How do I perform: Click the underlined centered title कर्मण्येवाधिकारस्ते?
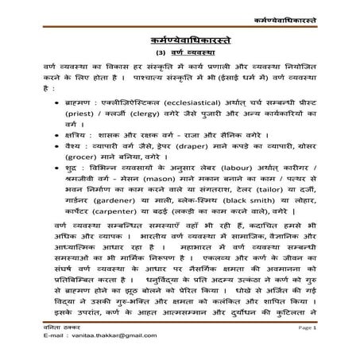(179, 37)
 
